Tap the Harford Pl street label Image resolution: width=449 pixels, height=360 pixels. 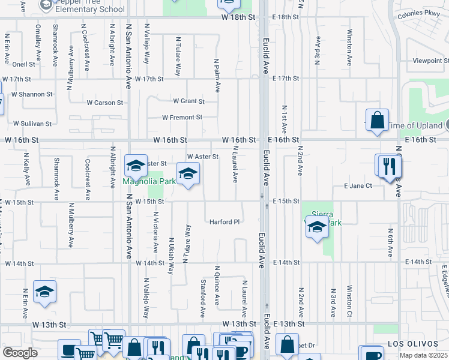224,222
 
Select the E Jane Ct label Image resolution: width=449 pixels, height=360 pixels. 358,186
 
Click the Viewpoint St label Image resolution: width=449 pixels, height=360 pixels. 430,61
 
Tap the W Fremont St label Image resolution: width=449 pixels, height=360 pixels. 182,117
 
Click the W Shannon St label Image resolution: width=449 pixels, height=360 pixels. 27,94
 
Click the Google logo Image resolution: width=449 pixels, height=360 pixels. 19,353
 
